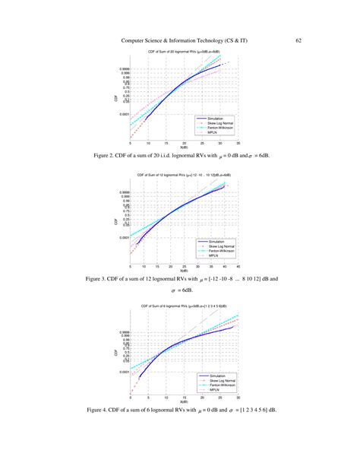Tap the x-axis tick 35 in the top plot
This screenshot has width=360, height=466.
coord(239,142)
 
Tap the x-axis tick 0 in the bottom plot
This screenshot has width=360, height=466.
coord(130,399)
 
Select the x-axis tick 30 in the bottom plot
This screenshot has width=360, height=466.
coord(239,399)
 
